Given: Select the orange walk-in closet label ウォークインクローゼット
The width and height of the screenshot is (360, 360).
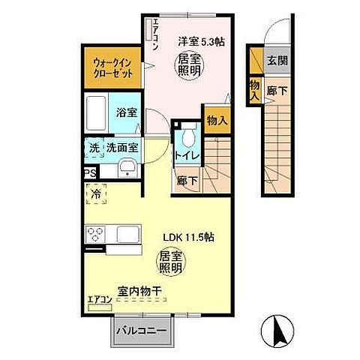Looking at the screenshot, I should click(113, 68).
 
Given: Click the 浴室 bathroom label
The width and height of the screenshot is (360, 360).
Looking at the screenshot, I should click(126, 112).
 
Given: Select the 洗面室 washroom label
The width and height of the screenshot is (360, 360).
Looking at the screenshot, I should click(120, 148).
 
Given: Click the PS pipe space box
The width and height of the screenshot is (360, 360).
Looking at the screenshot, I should click(90, 172).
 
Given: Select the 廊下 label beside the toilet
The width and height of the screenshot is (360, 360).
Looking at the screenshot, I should click(187, 180).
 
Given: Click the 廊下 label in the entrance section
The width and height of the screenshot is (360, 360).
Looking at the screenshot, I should click(277, 88).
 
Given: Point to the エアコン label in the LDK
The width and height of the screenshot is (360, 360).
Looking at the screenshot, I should click(100, 301).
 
